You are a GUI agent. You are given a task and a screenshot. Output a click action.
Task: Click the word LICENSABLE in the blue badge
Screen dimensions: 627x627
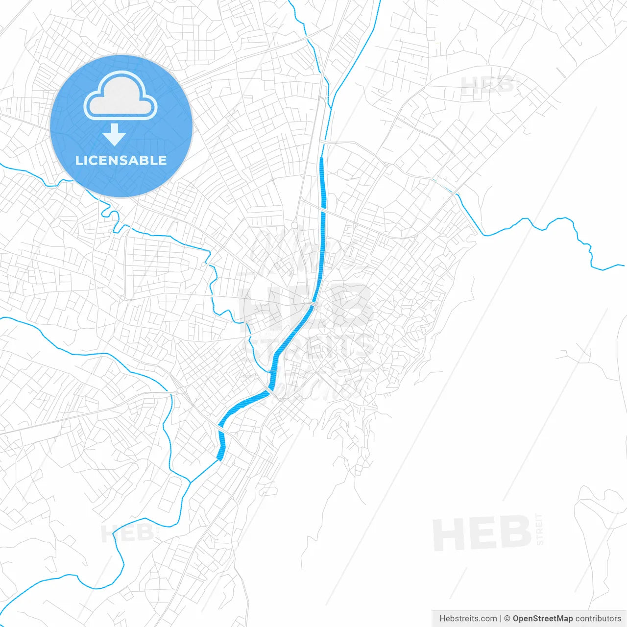point(121,160)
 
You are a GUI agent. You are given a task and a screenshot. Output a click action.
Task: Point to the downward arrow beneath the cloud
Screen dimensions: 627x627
point(114,135)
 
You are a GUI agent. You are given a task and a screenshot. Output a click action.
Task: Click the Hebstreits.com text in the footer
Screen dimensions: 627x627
point(468,619)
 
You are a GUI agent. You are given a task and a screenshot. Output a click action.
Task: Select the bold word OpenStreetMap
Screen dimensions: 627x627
point(542,619)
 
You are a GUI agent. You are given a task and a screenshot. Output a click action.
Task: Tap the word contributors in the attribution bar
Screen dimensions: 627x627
point(598,619)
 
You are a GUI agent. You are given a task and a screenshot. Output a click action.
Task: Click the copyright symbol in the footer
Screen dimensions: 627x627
point(507,619)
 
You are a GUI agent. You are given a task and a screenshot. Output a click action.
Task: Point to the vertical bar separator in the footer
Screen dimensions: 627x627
point(501,619)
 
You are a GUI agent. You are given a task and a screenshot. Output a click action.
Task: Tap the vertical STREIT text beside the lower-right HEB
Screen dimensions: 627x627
point(540,529)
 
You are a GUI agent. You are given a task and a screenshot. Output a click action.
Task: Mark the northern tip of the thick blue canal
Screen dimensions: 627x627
point(321,158)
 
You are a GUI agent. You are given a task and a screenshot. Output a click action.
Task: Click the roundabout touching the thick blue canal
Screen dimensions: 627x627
point(306,301)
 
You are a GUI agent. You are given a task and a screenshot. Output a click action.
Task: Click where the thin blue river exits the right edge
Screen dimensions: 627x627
point(623,265)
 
